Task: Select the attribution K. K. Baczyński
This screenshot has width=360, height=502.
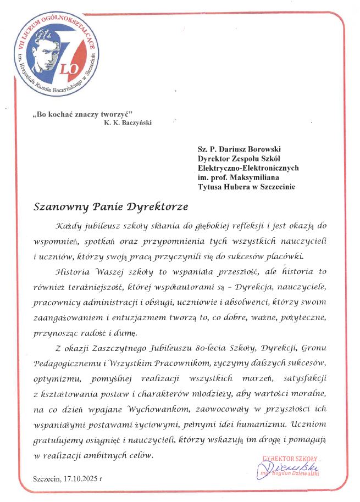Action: click(127, 122)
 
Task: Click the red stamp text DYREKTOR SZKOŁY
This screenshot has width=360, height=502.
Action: click(290, 459)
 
